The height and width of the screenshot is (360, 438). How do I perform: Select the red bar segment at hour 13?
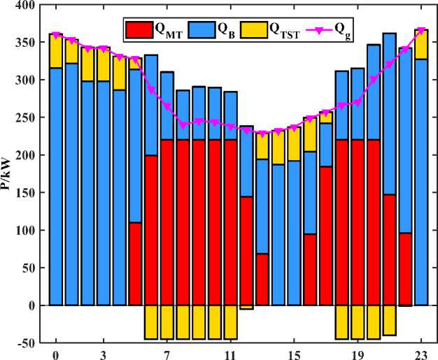262,280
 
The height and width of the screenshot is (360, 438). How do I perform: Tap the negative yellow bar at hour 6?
150,322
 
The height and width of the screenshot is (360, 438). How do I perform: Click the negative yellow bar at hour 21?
389,321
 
